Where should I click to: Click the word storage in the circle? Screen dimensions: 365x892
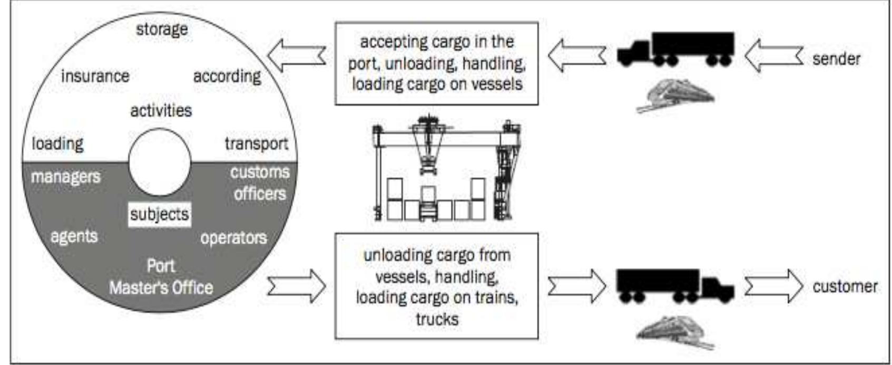pyautogui.click(x=162, y=29)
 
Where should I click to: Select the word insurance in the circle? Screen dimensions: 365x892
pyautogui.click(x=95, y=76)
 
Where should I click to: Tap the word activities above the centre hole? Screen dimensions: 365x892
pyautogui.click(x=161, y=111)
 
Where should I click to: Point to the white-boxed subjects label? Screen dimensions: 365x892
pyautogui.click(x=160, y=214)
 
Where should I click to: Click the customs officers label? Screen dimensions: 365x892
pyautogui.click(x=260, y=183)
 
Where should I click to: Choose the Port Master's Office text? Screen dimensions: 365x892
pyautogui.click(x=161, y=277)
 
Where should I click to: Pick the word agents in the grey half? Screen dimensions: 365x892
pyautogui.click(x=74, y=236)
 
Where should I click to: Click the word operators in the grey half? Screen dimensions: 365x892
pyautogui.click(x=233, y=238)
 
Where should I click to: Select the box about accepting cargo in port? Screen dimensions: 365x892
pyautogui.click(x=436, y=63)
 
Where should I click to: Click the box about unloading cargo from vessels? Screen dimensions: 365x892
pyautogui.click(x=436, y=286)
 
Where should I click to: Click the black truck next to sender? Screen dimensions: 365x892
pyautogui.click(x=675, y=49)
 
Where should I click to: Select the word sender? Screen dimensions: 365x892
pyautogui.click(x=836, y=59)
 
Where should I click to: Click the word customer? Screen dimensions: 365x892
pyautogui.click(x=845, y=286)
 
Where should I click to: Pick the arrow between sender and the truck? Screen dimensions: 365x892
pyautogui.click(x=773, y=55)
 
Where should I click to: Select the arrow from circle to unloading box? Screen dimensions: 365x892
pyautogui.click(x=297, y=286)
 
